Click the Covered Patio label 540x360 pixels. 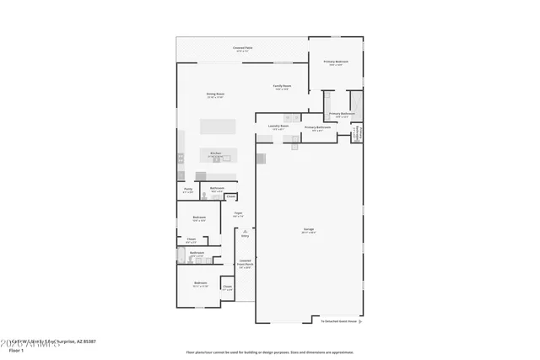click(x=242, y=48)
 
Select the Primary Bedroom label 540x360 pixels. click(x=335, y=62)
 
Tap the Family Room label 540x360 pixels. click(x=281, y=86)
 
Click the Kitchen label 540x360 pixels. click(x=215, y=153)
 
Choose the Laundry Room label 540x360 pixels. click(x=278, y=126)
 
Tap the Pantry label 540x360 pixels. click(x=188, y=189)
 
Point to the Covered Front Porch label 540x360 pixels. click(x=245, y=263)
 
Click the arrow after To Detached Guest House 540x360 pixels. click(x=361, y=320)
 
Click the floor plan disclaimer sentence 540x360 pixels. click(x=270, y=352)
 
